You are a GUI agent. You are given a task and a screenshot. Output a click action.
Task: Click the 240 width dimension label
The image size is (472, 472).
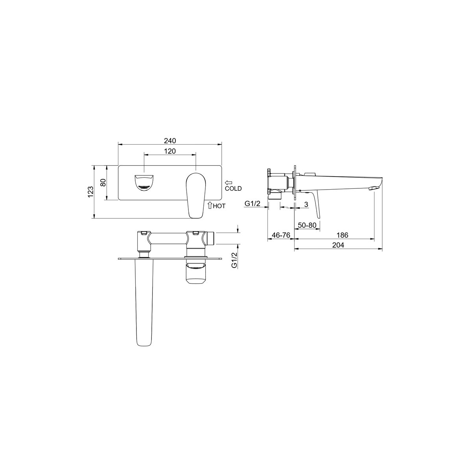coord(170,141)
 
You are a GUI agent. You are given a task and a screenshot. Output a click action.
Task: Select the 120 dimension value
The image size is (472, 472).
coord(170,151)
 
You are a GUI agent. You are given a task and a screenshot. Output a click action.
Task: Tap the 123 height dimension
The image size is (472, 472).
coord(90,192)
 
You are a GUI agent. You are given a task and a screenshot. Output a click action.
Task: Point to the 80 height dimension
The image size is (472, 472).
coord(103,183)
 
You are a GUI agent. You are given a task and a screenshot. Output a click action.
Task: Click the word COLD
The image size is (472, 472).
coord(233,188)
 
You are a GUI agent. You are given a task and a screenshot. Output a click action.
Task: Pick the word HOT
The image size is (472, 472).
coord(219,206)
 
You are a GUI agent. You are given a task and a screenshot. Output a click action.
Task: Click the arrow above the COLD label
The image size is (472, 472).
coord(229,183)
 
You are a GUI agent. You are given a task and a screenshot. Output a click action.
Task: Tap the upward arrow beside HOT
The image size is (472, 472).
coord(210,205)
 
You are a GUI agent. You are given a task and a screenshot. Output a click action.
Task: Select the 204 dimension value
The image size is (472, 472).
coord(338,245)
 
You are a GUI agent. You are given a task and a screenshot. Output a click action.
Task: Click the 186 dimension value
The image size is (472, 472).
coord(342,235)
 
